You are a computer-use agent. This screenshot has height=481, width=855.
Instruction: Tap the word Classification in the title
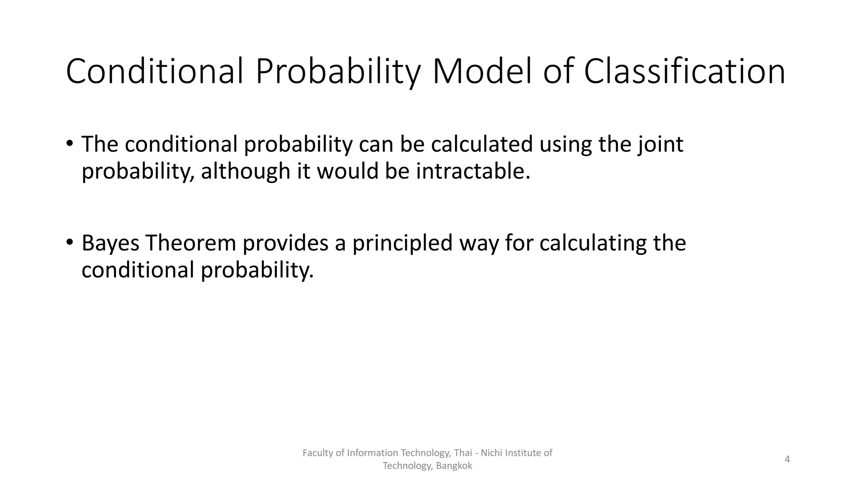tap(685, 72)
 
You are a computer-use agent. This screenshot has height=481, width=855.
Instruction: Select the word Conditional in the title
tap(154, 72)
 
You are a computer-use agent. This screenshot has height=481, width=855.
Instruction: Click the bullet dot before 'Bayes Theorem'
tap(69, 243)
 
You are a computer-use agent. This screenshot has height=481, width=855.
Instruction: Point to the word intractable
tap(473, 171)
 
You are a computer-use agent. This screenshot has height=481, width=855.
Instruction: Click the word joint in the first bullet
tap(660, 144)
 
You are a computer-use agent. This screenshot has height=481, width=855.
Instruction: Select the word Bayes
tap(110, 243)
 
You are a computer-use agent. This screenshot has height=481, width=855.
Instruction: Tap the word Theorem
tap(191, 243)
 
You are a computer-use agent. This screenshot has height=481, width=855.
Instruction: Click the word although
tap(245, 171)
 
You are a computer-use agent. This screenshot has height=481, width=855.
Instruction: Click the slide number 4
tap(787, 459)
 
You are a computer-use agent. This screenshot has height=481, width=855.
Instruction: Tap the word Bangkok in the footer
tap(454, 466)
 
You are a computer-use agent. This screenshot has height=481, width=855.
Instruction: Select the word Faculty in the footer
tap(317, 453)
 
